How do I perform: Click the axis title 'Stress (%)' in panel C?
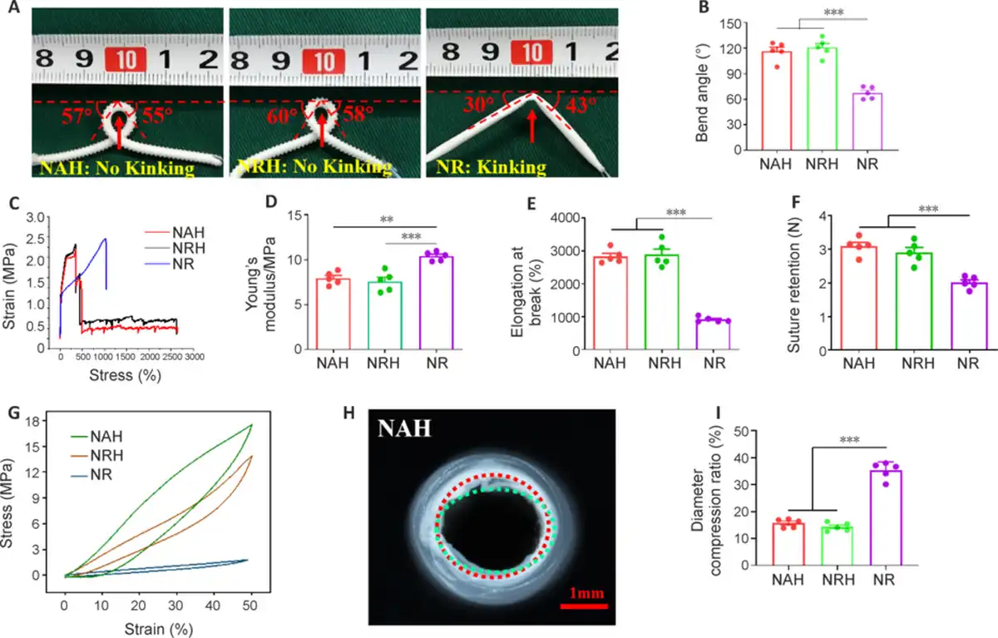(x=126, y=375)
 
